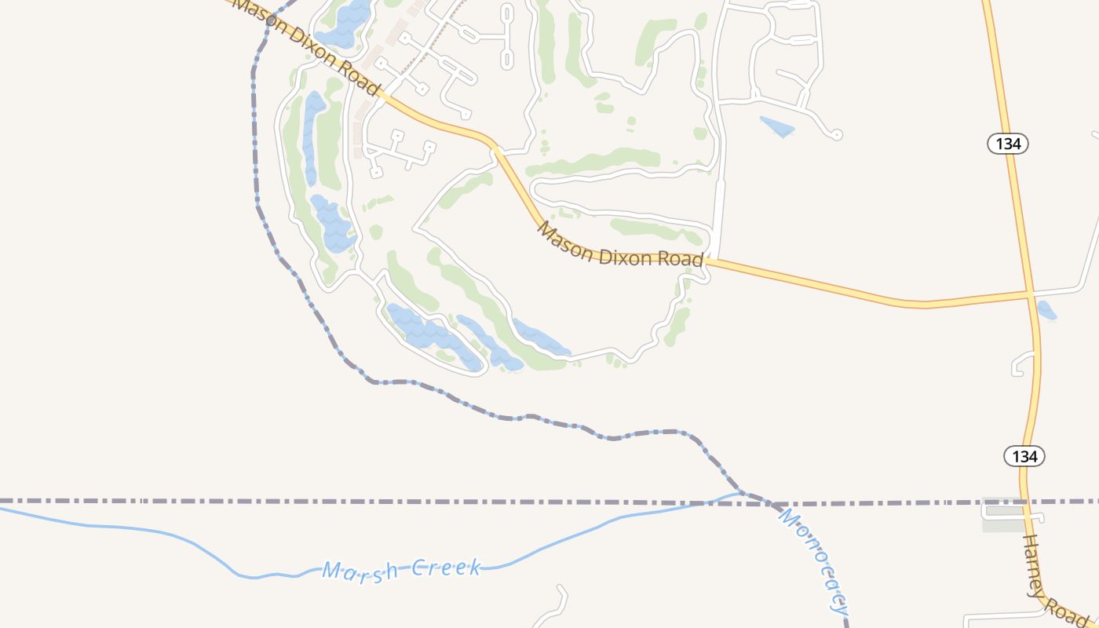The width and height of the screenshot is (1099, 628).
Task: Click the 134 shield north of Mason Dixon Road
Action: coord(1008,144)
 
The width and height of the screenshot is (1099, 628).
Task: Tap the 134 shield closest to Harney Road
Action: coord(1024,456)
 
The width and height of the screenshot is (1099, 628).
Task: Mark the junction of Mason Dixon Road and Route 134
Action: coord(1030,294)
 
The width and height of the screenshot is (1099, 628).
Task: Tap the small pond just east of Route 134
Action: coord(1046,310)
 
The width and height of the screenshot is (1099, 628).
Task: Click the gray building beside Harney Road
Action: coord(1003,515)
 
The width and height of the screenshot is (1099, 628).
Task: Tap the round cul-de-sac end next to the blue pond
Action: coord(837,135)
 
